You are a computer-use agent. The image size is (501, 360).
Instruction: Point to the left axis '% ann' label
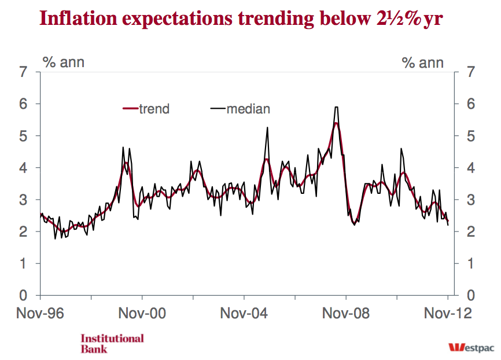pos(64,62)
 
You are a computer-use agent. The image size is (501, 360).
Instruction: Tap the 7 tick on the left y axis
pos(23,72)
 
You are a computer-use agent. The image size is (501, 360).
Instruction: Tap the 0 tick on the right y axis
pos(471,296)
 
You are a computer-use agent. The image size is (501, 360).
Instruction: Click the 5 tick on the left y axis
pos(23,136)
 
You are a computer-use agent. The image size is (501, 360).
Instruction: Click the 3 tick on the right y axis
pos(471,200)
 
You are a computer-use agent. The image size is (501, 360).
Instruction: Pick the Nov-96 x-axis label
pos(39,314)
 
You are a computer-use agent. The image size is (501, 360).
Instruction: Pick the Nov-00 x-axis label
pos(142,314)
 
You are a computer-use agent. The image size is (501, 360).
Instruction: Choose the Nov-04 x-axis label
pos(244,314)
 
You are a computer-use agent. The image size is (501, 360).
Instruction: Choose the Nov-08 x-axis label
pos(346,314)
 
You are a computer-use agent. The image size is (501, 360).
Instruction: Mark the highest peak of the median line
pos(336,107)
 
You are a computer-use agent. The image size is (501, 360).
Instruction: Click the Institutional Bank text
pos(112,343)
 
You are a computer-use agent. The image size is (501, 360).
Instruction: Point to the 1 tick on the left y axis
pos(23,264)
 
